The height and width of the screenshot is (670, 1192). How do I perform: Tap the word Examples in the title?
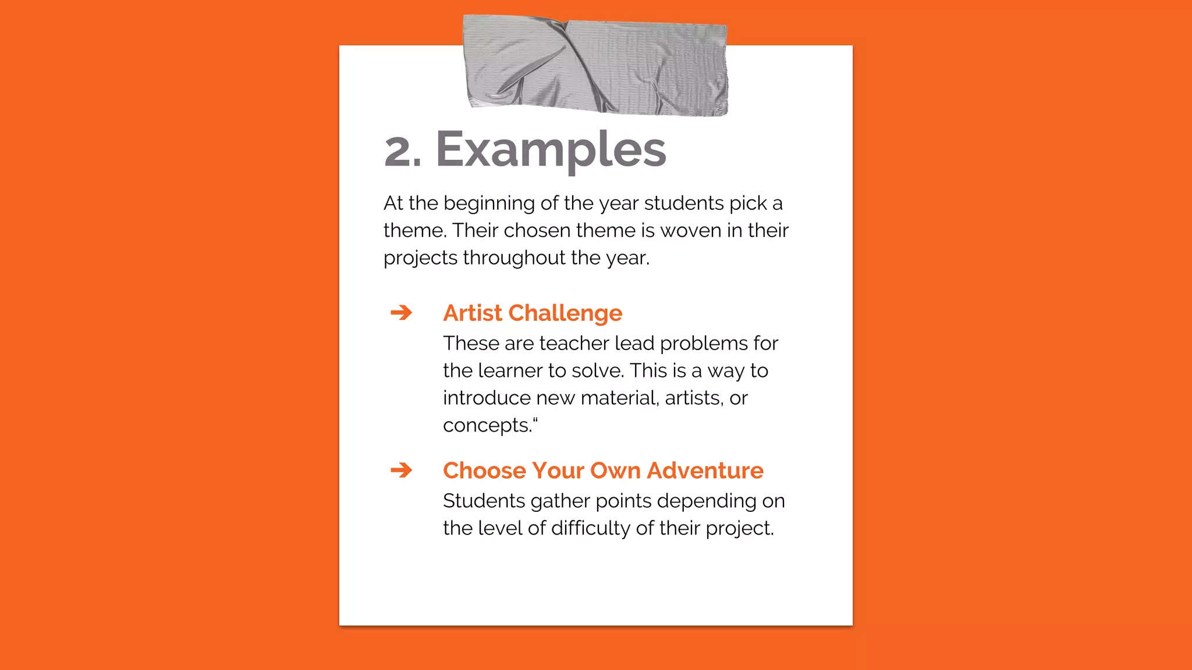coord(551,150)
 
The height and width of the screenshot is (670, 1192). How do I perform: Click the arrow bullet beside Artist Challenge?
coord(401,313)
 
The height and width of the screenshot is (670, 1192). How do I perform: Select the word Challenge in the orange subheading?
coord(565,313)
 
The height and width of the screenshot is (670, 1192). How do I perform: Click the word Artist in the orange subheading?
coord(472,313)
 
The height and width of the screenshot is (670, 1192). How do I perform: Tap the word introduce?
coord(487,398)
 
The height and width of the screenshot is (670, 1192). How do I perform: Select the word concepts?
coord(487,426)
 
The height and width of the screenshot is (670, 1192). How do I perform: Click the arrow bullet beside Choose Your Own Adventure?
coord(401,470)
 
